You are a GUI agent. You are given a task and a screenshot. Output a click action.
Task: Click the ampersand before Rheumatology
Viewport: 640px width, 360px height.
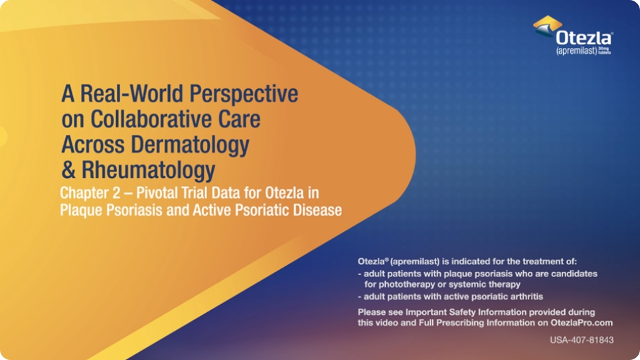click(68, 169)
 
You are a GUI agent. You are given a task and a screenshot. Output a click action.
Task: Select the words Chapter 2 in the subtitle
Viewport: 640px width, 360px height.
click(86, 194)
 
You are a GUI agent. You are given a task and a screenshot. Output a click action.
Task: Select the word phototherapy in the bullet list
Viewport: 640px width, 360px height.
click(402, 284)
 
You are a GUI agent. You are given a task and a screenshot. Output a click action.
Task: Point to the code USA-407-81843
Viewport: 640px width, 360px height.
click(581, 340)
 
